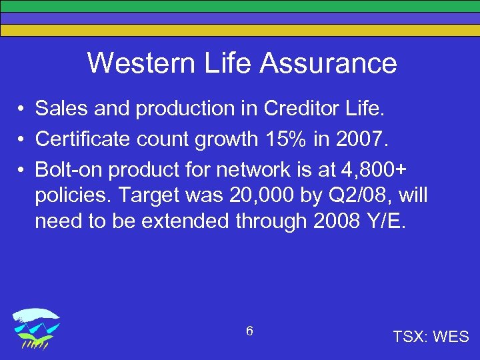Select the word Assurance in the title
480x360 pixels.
tap(329, 63)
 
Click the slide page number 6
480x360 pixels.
tap(249, 331)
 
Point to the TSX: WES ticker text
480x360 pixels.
tap(431, 337)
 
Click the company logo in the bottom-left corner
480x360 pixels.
tap(37, 329)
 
